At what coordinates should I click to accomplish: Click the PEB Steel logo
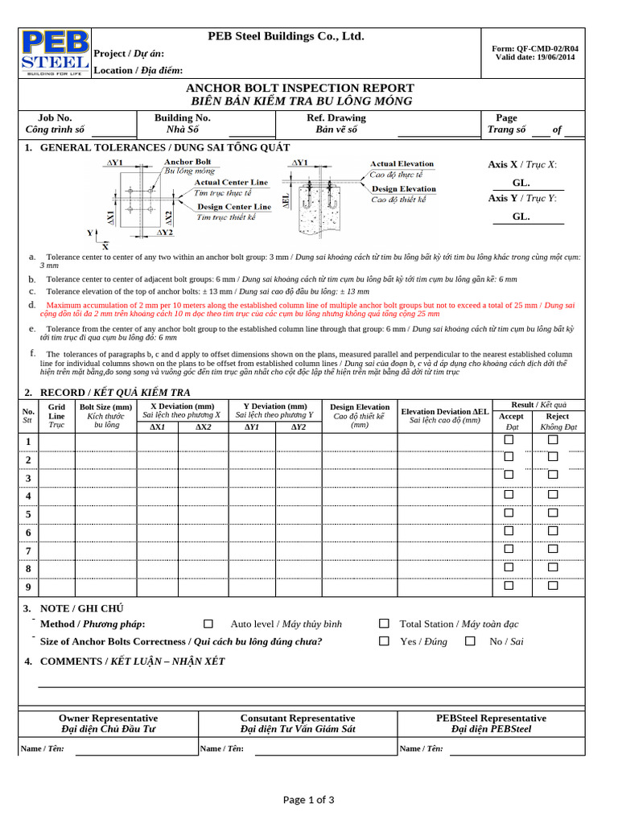coord(55,53)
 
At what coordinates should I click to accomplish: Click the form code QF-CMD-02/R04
coord(536,48)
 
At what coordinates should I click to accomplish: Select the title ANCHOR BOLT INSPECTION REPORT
coord(300,88)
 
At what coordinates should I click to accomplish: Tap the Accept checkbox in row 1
coord(509,440)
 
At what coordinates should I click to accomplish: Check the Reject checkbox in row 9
coord(553,585)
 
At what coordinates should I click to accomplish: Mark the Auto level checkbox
coord(208,624)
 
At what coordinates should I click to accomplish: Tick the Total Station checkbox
coord(384,624)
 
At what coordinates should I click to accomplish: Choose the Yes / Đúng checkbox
coord(384,641)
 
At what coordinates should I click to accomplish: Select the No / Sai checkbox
coord(471,641)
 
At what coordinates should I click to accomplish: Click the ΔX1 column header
coord(158,427)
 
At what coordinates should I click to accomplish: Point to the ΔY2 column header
coord(299,427)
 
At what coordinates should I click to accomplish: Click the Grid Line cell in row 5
coord(56,514)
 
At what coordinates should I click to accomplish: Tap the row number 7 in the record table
coord(28,551)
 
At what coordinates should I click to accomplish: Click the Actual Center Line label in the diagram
coord(231,183)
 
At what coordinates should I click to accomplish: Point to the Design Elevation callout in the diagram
coord(402,189)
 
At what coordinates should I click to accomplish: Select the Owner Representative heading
coord(109,718)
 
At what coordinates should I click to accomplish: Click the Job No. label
coord(56,117)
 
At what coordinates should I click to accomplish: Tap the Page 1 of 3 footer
coord(308,799)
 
